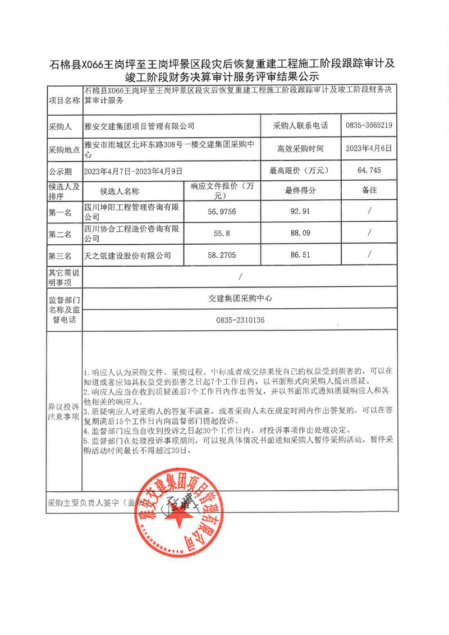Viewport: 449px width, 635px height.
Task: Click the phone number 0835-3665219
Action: pos(369,125)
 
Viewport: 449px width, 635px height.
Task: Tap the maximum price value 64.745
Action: pos(369,170)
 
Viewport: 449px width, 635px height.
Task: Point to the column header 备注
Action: pos(369,190)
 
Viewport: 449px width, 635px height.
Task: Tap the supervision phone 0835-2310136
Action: pos(240,320)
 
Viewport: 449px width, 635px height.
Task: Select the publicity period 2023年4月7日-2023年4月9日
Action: pos(133,170)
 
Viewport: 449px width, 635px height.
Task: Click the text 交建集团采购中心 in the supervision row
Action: pos(240,299)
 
